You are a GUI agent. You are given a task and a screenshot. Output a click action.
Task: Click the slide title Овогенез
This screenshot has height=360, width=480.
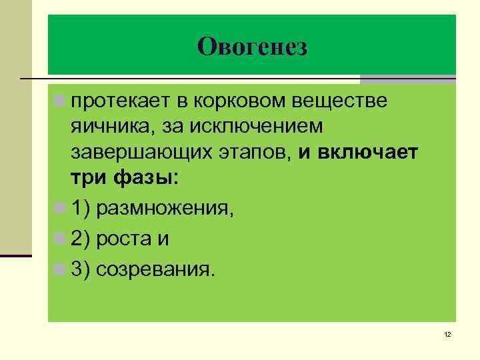(252, 46)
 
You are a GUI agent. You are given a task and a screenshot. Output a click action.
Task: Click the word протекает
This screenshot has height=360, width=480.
(117, 101)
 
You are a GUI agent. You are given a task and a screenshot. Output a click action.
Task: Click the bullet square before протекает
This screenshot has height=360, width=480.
(61, 101)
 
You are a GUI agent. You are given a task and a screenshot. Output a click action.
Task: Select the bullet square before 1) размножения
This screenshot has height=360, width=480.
(61, 209)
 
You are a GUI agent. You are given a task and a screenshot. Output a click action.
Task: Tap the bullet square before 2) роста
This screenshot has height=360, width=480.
(61, 239)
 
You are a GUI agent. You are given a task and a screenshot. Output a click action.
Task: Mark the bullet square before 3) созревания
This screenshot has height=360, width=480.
(61, 269)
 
